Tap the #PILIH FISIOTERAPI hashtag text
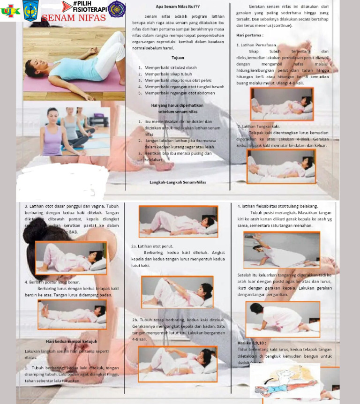coord(90,6)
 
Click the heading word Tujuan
coord(178,58)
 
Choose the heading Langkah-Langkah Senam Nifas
coord(178,182)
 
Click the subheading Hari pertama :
coord(250,35)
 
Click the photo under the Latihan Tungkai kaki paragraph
coord(281,166)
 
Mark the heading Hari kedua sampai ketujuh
coord(71,341)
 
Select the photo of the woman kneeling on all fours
coord(283,319)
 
